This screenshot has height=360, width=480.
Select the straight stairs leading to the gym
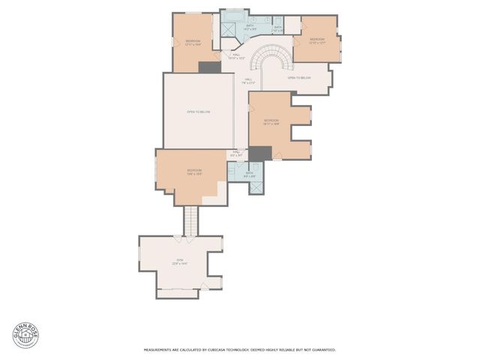pos(192,220)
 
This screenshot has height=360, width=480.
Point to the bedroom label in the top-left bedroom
pos(193,42)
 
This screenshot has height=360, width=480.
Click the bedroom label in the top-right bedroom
pos(316,40)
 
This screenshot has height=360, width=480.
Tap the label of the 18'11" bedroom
pos(271,121)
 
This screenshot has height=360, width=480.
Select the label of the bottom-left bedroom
pos(194,172)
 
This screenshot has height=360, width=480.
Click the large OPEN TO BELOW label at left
pos(199,112)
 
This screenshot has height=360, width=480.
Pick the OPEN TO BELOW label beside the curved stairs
pos(299,77)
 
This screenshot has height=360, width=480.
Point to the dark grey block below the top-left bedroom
pos(210,67)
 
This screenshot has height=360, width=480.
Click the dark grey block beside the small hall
pos(259,153)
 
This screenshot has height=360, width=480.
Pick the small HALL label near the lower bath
pos(235,153)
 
